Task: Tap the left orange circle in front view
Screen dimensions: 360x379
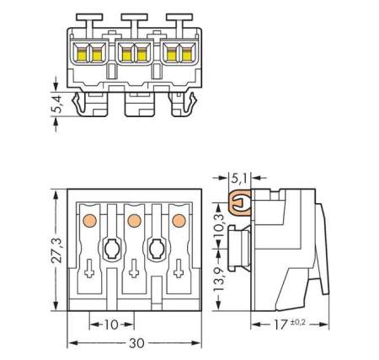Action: click(x=88, y=221)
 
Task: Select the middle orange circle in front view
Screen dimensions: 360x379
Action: click(x=133, y=221)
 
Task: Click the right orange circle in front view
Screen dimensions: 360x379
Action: click(x=178, y=221)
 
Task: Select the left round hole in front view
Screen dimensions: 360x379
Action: click(x=111, y=250)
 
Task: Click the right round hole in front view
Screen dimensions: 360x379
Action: click(x=156, y=250)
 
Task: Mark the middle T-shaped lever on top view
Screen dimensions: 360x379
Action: click(x=133, y=17)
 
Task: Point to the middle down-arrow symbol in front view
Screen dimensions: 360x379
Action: click(x=133, y=272)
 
